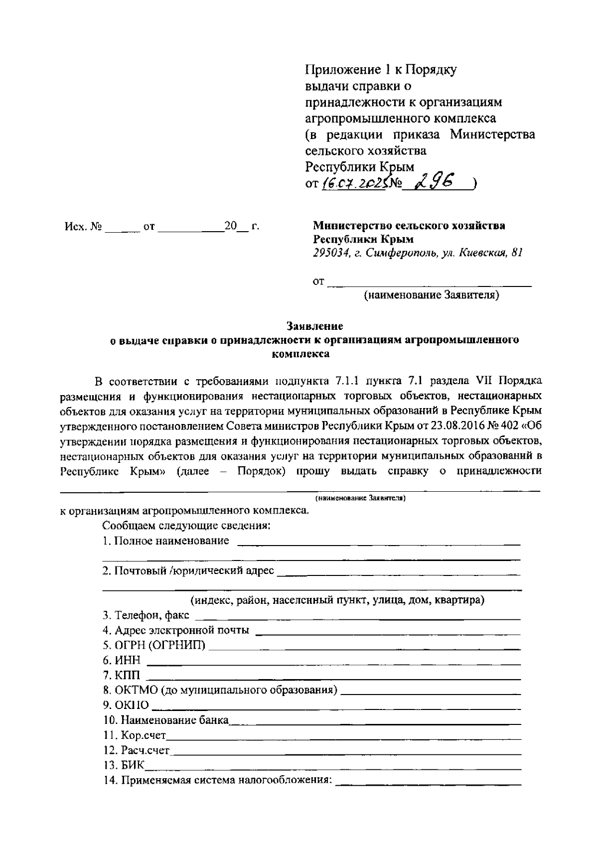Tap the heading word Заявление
click(x=314, y=327)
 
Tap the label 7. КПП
click(x=122, y=676)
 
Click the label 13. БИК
click(x=124, y=765)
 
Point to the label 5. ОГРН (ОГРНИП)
click(x=154, y=646)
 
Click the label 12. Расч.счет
click(x=137, y=750)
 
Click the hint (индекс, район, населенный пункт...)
click(x=337, y=600)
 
